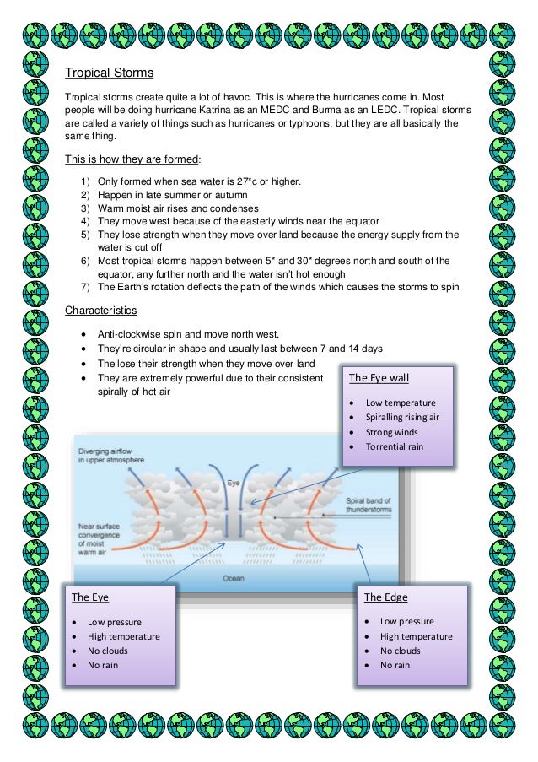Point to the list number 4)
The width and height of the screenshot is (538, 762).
(85, 221)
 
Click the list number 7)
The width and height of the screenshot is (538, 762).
(85, 286)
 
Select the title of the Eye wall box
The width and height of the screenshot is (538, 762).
(379, 377)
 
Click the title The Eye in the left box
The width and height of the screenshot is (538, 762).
(89, 597)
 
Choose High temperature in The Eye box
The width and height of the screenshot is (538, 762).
(123, 636)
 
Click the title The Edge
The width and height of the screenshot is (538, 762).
(385, 597)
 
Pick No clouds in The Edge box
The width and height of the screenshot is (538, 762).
(400, 651)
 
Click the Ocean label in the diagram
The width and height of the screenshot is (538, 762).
(234, 578)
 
